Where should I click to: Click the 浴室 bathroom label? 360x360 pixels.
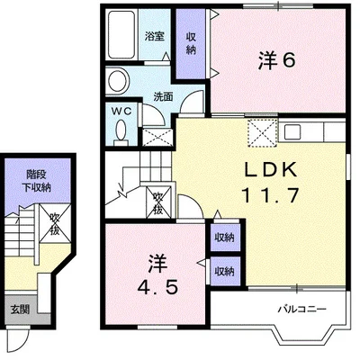pos(155,36)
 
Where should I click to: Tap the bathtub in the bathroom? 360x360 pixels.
pos(121,35)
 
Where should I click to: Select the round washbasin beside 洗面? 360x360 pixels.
pos(118,81)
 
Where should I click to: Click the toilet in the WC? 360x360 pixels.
pos(121,131)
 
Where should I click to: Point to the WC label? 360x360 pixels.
pos(121,112)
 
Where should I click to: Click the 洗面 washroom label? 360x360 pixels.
pos(163,96)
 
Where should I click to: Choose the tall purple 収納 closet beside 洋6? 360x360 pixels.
pos(191,44)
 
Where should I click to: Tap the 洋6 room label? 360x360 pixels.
pos(277,61)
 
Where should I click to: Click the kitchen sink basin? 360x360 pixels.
pos(292,131)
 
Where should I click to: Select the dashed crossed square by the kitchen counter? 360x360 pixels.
pos(262,132)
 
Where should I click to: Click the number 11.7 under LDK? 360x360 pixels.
pos(271,194)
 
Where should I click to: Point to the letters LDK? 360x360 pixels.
pos(271,170)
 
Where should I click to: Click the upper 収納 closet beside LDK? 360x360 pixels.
pos(225,238)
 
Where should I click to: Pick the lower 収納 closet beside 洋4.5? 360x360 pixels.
pos(225,271)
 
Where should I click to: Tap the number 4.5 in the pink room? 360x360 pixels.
pos(157,288)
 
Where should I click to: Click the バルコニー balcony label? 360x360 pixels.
pos(301,309)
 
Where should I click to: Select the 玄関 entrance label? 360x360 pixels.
pos(20,310)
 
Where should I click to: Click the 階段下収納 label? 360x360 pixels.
pos(37,181)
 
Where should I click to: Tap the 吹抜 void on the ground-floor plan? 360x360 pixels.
pos(55,223)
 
